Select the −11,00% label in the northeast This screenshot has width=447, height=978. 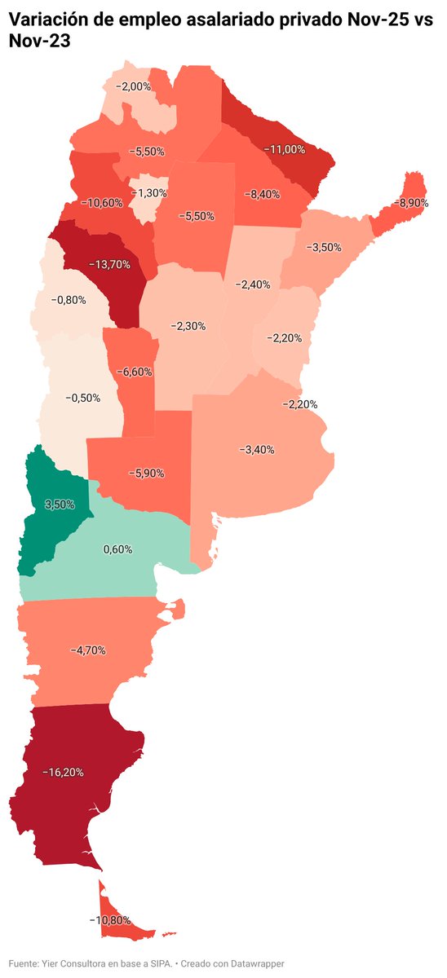(x=285, y=149)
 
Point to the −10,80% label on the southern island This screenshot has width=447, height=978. (x=109, y=920)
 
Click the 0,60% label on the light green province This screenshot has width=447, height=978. (x=117, y=549)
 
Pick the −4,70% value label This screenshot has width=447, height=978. (x=88, y=650)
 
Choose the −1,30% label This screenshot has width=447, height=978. (x=148, y=193)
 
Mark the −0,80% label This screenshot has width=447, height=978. (x=69, y=300)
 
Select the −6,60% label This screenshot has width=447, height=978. (x=134, y=372)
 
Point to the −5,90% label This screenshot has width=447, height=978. (x=147, y=472)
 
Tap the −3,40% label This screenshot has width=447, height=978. (x=257, y=449)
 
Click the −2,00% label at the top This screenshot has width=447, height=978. (x=133, y=86)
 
